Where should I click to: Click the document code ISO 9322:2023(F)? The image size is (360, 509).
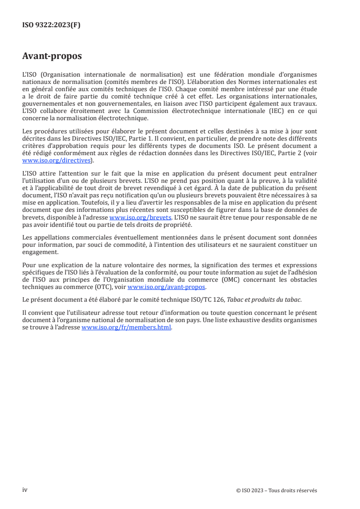pos(51,25)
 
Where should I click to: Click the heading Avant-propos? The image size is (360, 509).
pos(52,56)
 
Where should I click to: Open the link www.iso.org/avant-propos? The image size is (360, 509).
pos(167,287)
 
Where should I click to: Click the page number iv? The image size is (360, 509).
pos(25,490)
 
